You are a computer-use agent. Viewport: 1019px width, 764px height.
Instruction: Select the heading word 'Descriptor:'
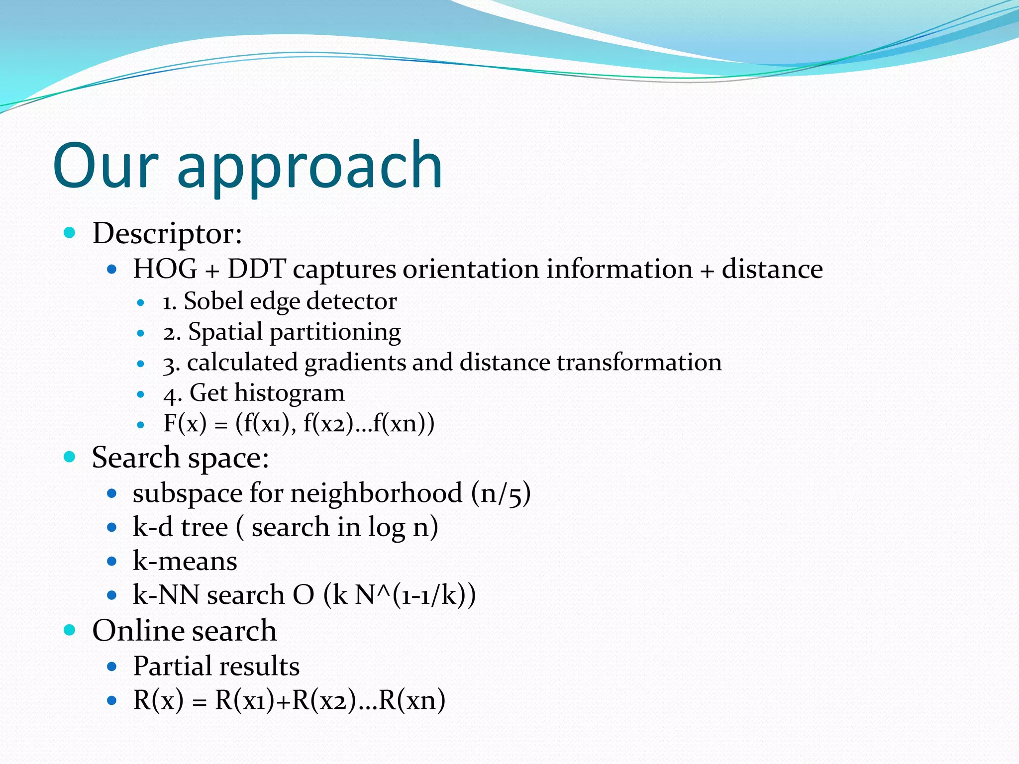(x=167, y=233)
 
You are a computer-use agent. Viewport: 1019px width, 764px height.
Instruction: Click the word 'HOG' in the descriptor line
(x=165, y=270)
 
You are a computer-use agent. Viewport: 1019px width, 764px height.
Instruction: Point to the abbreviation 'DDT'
(x=256, y=270)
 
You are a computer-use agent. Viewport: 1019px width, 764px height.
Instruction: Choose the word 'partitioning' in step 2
(x=335, y=332)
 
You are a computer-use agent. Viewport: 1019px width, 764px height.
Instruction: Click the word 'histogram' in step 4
(x=289, y=393)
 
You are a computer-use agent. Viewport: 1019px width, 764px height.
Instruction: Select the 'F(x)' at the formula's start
(x=185, y=424)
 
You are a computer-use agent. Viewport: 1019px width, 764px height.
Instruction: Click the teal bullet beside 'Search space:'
(x=70, y=457)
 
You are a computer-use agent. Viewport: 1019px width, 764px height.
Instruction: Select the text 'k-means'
(x=185, y=561)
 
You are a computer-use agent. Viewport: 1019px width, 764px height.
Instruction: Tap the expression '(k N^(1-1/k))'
(x=400, y=595)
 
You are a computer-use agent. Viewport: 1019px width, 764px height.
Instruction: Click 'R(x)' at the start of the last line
(x=158, y=700)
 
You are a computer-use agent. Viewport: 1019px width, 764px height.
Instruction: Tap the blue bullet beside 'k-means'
(x=112, y=562)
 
